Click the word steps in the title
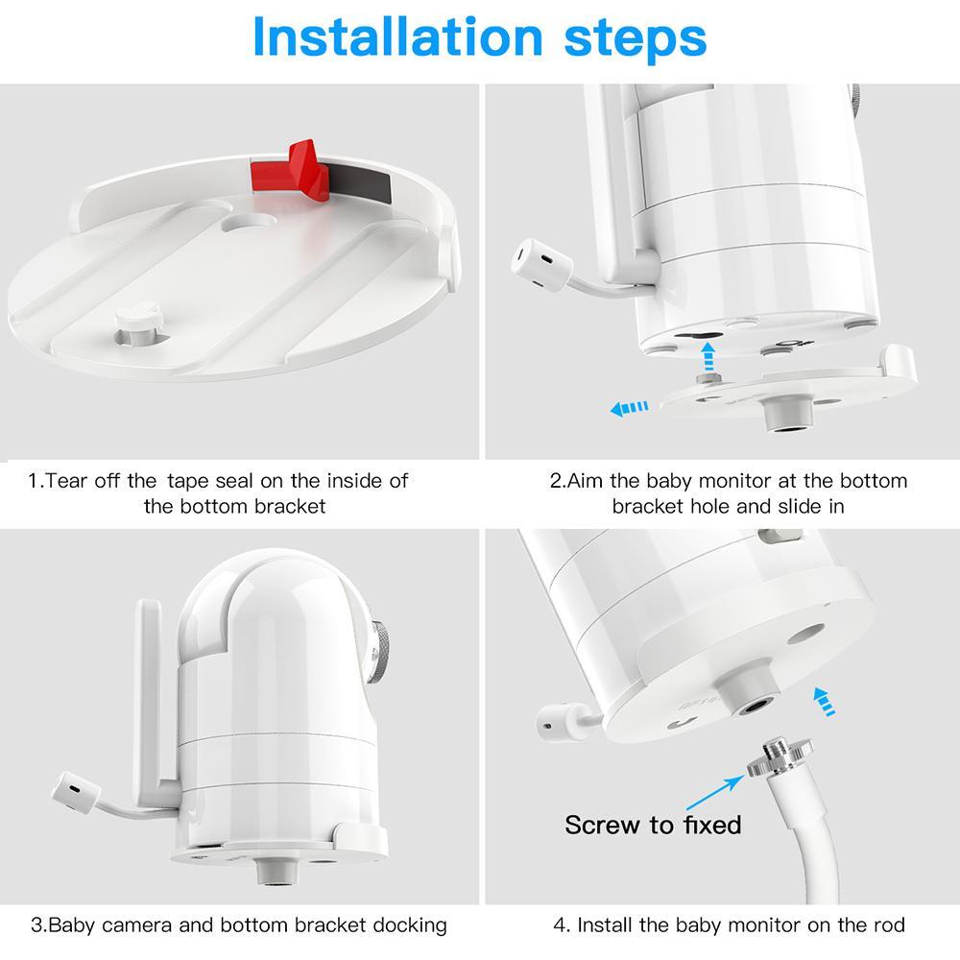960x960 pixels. point(635,39)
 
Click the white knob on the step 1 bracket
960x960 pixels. point(137,322)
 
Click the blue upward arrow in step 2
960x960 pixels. point(708,356)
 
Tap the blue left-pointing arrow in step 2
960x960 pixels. point(630,408)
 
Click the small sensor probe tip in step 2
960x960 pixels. point(541,265)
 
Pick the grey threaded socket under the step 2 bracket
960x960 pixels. point(788,413)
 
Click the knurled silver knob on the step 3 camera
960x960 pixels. point(380,652)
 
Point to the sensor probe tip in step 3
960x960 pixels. point(75,793)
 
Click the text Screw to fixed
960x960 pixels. point(653,825)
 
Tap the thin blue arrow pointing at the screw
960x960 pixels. point(715,792)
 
